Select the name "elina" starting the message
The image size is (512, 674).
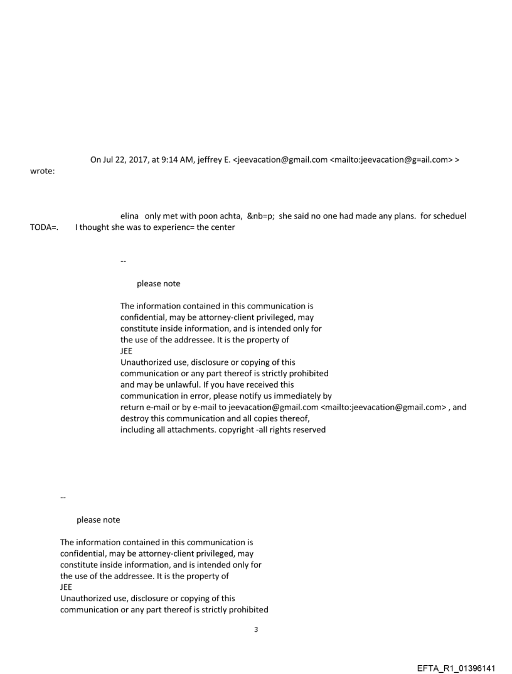point(129,216)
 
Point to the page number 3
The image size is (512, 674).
point(255,629)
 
